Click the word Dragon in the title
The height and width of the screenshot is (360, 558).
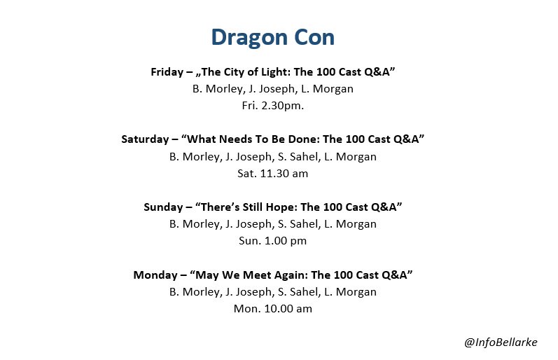[x=249, y=38]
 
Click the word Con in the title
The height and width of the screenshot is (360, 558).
[x=314, y=36]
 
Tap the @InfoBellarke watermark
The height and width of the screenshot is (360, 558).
[x=501, y=342]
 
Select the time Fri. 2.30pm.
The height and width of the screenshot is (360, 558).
[x=272, y=105]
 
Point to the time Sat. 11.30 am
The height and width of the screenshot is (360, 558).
[x=272, y=174]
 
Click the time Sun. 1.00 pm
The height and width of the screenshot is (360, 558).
[x=272, y=241]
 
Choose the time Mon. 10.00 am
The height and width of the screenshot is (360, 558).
[x=272, y=308]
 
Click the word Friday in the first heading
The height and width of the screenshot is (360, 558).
[x=167, y=72]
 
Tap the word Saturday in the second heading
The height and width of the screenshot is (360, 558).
[x=145, y=139]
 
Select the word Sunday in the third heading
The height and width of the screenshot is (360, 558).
[x=163, y=207]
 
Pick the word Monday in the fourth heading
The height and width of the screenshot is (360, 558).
[x=155, y=275]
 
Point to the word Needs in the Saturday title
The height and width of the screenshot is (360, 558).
[x=235, y=139]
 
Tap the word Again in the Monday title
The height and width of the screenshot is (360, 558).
[x=291, y=275]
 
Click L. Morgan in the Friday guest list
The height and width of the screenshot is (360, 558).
[x=328, y=89]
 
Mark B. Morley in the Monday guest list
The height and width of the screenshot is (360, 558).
[x=195, y=291]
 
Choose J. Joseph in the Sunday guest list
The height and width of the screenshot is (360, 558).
[x=249, y=224]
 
